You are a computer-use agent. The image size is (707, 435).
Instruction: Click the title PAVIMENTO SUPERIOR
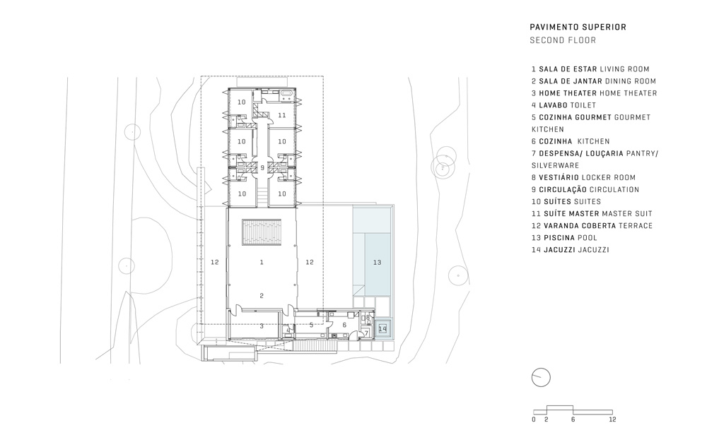(578, 27)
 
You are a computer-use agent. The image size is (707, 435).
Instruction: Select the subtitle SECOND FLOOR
(563, 40)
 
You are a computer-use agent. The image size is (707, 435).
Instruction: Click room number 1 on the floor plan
(262, 262)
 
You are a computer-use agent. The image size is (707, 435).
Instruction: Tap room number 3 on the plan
(262, 326)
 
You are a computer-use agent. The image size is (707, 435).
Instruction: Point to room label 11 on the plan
(282, 115)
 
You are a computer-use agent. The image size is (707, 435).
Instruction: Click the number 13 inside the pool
(377, 262)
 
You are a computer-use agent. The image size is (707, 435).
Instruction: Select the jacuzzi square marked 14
(382, 329)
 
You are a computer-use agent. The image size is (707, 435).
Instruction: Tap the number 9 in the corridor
(262, 168)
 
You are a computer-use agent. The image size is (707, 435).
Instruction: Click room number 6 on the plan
(344, 325)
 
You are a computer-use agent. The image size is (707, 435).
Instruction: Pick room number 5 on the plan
(311, 325)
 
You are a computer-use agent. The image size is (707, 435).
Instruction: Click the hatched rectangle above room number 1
(262, 232)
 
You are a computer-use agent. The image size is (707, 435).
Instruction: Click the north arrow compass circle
(541, 377)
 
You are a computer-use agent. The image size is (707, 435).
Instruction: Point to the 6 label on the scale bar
(573, 419)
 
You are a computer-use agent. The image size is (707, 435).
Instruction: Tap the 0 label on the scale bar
(534, 419)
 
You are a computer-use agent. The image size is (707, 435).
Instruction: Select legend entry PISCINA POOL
(564, 238)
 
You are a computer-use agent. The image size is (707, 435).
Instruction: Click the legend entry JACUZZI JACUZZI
(570, 250)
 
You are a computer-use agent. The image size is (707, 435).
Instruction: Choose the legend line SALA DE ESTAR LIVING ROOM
(590, 69)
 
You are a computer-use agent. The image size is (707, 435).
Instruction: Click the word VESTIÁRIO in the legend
(559, 177)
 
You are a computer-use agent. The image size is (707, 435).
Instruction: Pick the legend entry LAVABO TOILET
(563, 105)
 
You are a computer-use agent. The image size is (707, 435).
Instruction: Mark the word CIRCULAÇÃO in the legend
(563, 189)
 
